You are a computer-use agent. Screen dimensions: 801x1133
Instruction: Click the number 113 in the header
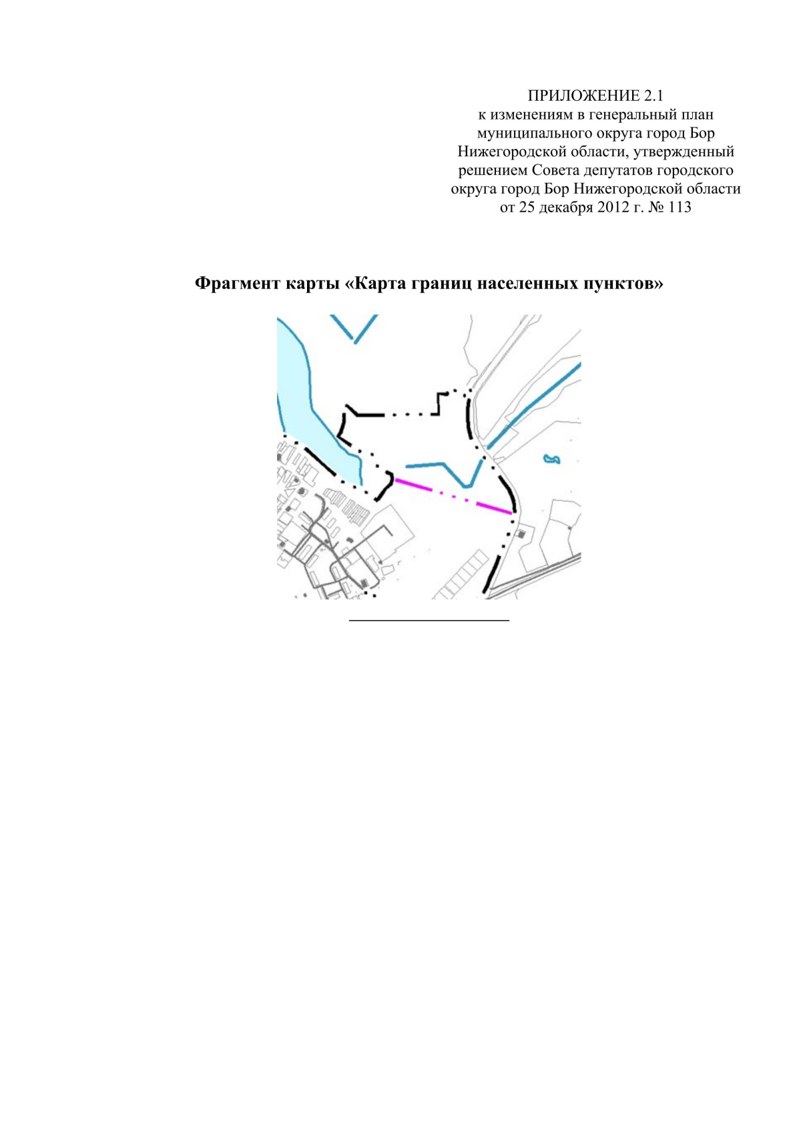pyautogui.click(x=679, y=208)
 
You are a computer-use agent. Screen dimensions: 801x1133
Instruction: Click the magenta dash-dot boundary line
pyautogui.click(x=453, y=496)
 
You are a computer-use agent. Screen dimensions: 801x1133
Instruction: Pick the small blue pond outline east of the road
pyautogui.click(x=552, y=459)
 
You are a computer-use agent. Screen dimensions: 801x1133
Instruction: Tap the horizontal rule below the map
pyautogui.click(x=429, y=620)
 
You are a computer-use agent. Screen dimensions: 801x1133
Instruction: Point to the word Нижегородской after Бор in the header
pyautogui.click(x=630, y=189)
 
